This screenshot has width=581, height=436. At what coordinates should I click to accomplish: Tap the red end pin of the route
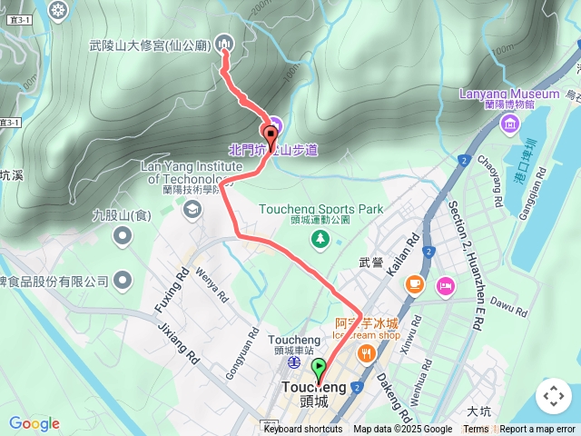pos(271,134)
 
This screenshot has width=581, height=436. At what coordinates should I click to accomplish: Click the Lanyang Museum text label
pos(510,94)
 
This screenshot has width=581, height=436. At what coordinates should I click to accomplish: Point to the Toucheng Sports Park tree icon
pos(320,238)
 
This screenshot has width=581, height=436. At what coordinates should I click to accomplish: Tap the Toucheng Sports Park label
pos(320,209)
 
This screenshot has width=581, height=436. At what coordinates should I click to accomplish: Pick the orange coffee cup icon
pos(415,285)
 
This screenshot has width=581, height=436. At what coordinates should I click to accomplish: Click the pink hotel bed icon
pos(445,286)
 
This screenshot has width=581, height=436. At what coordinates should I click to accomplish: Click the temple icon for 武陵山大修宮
pos(225,44)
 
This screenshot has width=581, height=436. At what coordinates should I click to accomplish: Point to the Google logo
pos(34,423)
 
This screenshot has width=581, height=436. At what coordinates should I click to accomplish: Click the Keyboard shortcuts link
pos(303,430)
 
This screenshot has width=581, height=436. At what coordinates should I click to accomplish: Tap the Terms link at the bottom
pos(476,430)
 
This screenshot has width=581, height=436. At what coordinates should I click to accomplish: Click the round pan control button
pos(554,396)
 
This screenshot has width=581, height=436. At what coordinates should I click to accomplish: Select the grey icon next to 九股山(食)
pos(123,237)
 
